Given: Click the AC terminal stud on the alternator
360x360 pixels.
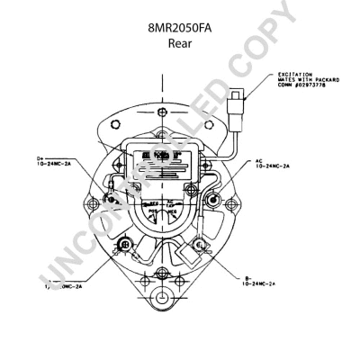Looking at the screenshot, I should (212, 200).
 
